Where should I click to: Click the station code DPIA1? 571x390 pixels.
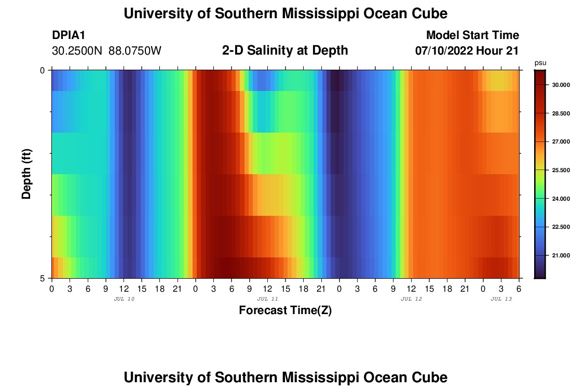coord(69,36)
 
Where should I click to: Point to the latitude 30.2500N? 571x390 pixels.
coord(78,51)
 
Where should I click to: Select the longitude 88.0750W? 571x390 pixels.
coord(135,51)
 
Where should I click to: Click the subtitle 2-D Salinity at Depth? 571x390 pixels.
coord(285,50)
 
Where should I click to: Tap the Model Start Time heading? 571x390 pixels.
coord(472,35)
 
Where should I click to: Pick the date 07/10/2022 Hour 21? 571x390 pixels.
coord(467,51)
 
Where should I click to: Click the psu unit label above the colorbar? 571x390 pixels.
coord(540,63)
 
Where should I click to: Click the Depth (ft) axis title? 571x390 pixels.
coord(27,174)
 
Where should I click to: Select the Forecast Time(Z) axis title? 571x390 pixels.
coord(285,311)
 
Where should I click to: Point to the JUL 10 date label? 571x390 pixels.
coord(124,299)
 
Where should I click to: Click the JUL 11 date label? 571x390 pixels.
coord(268,299)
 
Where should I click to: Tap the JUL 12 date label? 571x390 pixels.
coord(412,299)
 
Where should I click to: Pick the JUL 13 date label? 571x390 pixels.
coord(501,299)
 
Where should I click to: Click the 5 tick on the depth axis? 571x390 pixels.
coord(42,278)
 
